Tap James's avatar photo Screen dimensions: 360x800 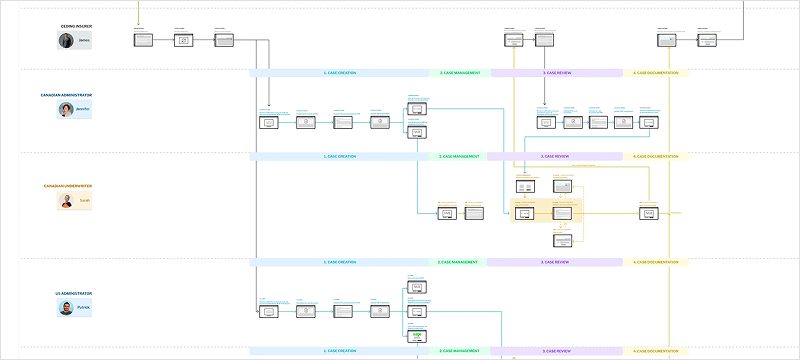pyautogui.click(x=66, y=41)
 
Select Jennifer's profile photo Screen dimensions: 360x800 pyautogui.click(x=66, y=110)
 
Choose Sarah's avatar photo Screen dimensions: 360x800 pyautogui.click(x=66, y=201)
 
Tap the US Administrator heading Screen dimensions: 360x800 pyautogui.click(x=74, y=294)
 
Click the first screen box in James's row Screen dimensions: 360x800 pyautogui.click(x=142, y=40)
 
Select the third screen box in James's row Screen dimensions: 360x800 pyautogui.click(x=223, y=40)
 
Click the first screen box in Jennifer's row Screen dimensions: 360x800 pyautogui.click(x=267, y=122)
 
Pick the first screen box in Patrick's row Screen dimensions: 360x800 pyautogui.click(x=267, y=312)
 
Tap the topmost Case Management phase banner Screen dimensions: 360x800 pyautogui.click(x=459, y=73)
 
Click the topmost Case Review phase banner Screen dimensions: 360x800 pyautogui.click(x=556, y=73)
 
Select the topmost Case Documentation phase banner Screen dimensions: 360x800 pyautogui.click(x=656, y=73)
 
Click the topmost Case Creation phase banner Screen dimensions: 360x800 pyautogui.click(x=339, y=73)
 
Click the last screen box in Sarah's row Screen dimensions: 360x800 pyautogui.click(x=649, y=213)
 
